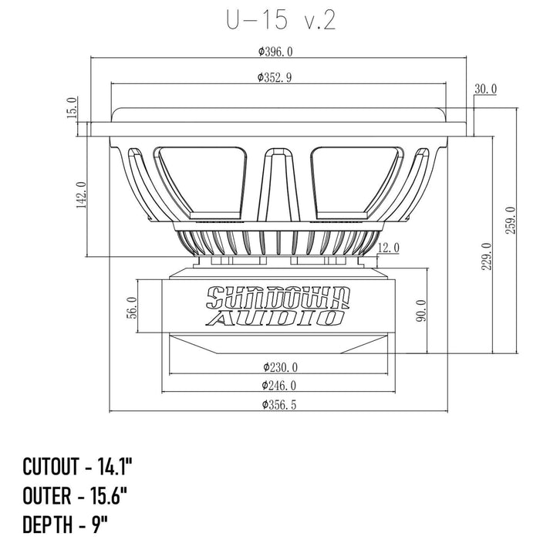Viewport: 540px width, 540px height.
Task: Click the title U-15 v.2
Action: coord(281,20)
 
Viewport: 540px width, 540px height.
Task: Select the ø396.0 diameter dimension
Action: coord(275,52)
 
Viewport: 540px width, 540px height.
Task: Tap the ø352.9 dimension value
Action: coord(275,77)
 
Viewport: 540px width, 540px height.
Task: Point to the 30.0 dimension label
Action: coord(485,89)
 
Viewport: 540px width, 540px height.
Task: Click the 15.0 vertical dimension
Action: coord(73,107)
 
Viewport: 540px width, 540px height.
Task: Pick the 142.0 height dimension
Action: coord(81,195)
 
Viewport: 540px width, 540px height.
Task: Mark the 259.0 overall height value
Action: coord(510,221)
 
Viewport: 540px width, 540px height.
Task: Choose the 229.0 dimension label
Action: coord(486,256)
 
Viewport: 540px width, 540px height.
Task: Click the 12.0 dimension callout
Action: coord(389,248)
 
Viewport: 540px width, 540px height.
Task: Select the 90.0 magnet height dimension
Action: coord(421,310)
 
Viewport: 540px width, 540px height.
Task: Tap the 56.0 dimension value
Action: coord(133,308)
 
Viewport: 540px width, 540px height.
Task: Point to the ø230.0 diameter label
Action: coord(280,367)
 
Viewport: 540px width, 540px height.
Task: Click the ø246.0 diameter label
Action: coord(279,386)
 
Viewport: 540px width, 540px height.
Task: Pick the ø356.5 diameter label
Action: coord(279,405)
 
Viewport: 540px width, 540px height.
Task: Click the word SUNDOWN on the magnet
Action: coord(278,298)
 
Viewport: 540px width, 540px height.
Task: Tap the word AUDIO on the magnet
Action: coord(276,318)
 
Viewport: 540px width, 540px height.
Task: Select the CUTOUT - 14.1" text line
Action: coord(77,467)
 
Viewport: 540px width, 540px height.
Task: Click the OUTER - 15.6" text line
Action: coord(75,495)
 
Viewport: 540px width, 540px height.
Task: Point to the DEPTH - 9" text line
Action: coord(65,524)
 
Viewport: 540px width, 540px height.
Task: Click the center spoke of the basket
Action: coord(278,185)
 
